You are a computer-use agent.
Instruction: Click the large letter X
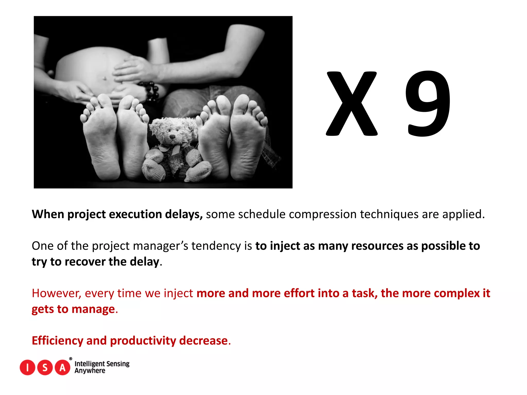352,104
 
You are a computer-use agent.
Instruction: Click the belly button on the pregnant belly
104,78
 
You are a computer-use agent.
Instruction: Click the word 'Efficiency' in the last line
57,340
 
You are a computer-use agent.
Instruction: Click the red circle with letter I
27,367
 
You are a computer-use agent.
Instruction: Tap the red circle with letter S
45,367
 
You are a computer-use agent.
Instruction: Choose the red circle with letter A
63,367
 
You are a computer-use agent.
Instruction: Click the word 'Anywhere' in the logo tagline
90,371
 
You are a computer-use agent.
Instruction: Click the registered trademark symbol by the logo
71,359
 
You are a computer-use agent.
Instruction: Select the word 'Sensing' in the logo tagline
118,364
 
